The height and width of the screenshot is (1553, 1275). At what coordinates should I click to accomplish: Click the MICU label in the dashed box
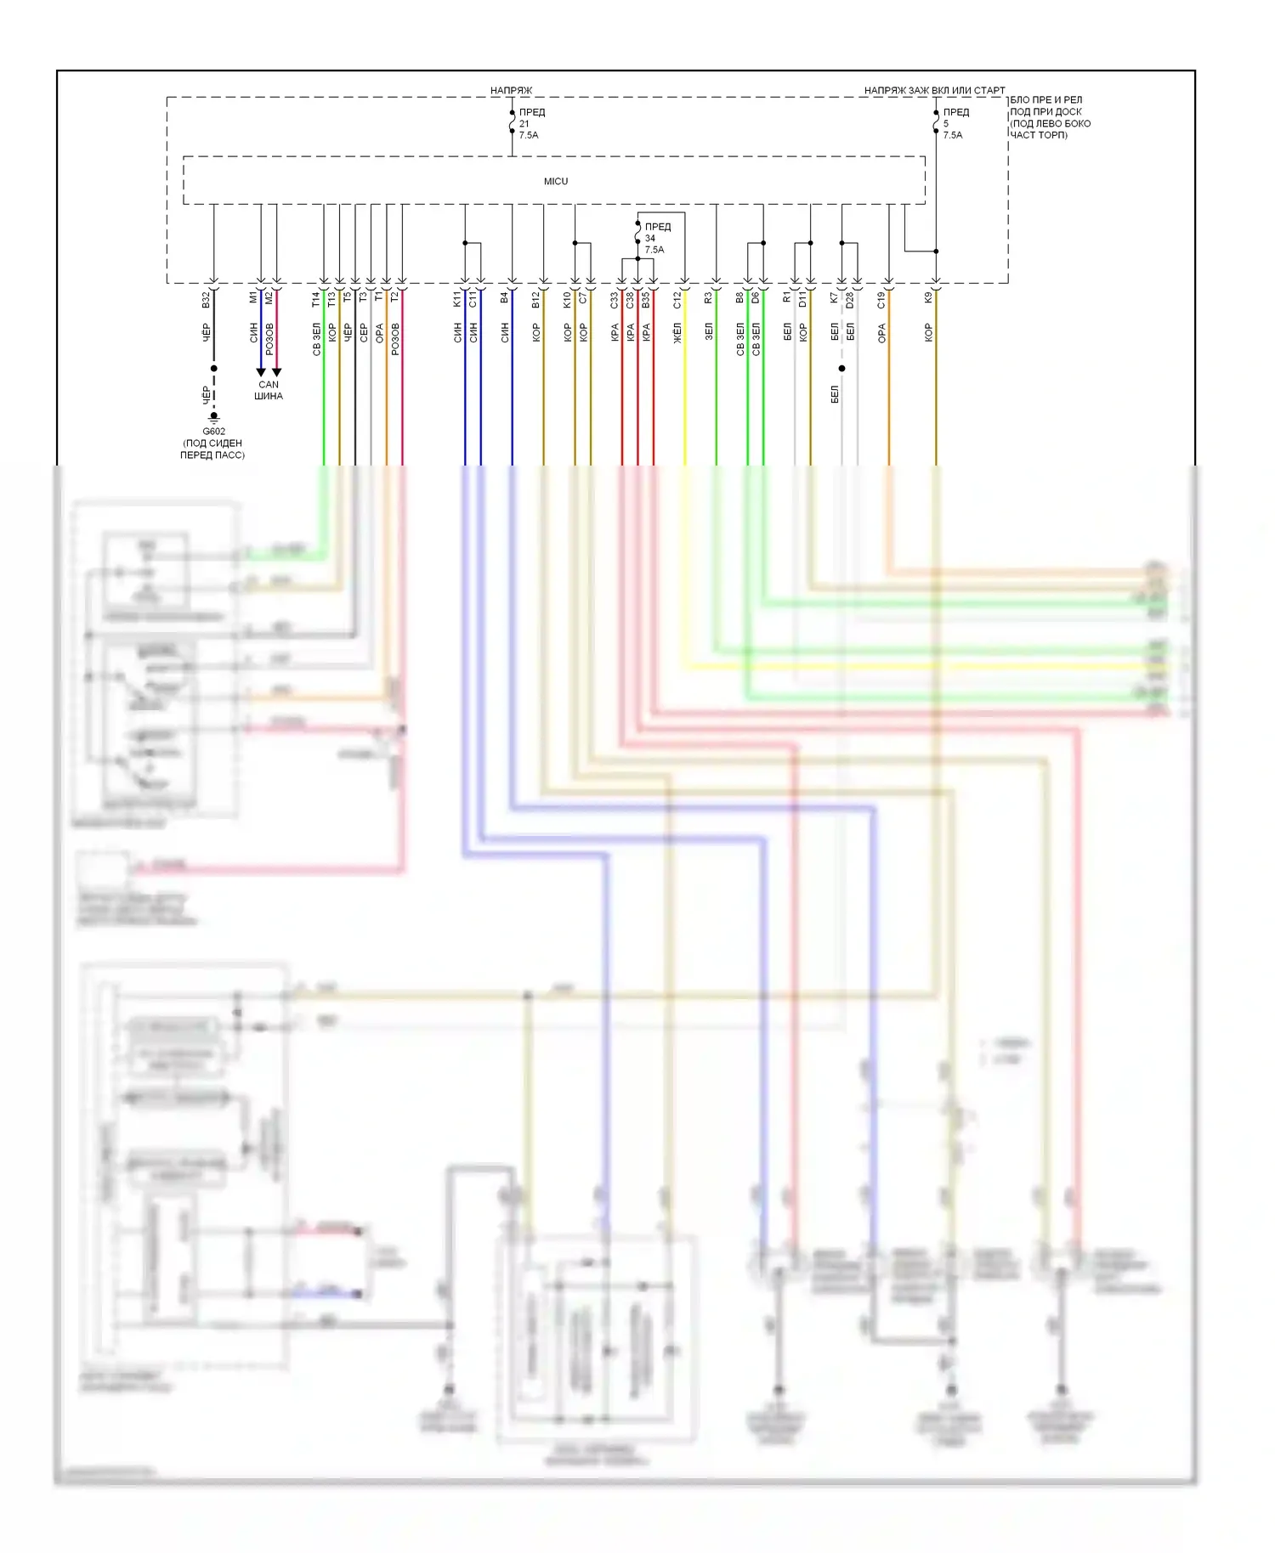556,181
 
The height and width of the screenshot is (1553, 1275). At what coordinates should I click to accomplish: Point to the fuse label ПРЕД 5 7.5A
954,124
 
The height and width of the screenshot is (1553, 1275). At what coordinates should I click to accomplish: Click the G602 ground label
213,432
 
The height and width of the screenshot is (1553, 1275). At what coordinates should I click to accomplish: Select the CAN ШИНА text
269,390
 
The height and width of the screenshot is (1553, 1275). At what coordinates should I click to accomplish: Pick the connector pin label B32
206,299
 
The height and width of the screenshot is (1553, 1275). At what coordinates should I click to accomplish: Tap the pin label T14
316,299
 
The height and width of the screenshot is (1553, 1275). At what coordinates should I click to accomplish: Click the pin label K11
457,299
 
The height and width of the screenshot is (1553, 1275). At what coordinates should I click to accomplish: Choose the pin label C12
677,299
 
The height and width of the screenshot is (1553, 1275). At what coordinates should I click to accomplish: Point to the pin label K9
928,297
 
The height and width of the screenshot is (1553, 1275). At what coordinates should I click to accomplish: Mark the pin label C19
881,299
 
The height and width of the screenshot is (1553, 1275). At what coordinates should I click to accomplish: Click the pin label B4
504,297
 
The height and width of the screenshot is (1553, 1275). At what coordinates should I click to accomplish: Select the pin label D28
849,299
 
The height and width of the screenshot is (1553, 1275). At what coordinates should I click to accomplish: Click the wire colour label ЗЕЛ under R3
709,331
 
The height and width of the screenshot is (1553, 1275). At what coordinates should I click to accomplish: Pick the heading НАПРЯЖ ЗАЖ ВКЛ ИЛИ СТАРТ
934,90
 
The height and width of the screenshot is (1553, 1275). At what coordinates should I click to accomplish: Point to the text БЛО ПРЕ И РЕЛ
1045,100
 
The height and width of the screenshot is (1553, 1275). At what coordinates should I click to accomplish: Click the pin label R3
709,297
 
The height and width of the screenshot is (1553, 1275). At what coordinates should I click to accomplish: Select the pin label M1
253,297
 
